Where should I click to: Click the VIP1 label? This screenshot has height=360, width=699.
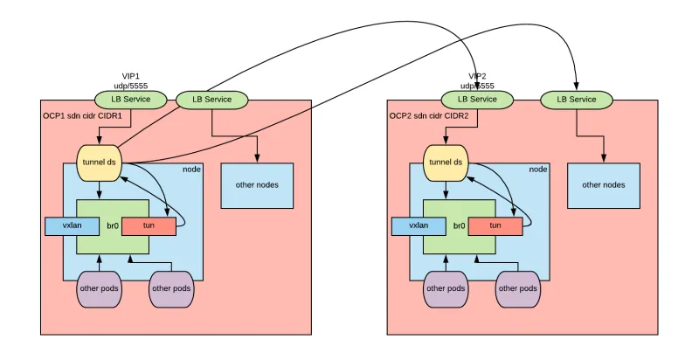(131, 76)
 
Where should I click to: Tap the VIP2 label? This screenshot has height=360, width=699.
(477, 76)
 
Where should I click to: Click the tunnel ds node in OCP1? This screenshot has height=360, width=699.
(100, 162)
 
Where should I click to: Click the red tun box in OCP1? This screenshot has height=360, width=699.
(148, 225)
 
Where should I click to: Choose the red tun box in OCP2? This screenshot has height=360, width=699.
(495, 225)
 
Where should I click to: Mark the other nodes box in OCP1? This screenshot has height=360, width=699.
(257, 184)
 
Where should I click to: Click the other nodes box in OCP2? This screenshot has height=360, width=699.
(604, 184)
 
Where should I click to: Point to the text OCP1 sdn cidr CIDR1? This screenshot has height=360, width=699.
(82, 115)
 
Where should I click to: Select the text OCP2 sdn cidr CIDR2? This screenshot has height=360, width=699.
(429, 115)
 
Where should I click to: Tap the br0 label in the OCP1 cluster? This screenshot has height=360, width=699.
(112, 225)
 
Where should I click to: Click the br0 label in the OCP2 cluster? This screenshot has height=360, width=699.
(459, 225)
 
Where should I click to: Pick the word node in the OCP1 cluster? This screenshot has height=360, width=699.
(191, 170)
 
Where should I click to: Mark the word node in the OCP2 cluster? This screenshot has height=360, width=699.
(538, 170)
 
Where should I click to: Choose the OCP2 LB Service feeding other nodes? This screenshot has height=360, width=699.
(577, 100)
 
